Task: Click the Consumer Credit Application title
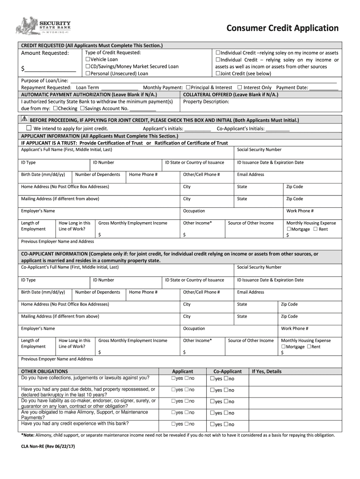point(282,28)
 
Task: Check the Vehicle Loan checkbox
point(87,60)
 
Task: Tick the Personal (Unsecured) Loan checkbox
point(87,73)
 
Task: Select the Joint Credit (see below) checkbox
point(218,73)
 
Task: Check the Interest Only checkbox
point(240,87)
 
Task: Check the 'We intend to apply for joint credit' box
point(29,128)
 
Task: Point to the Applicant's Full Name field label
point(67,150)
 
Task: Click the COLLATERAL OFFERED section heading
point(230,94)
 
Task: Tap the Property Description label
point(206,102)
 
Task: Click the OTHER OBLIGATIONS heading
point(44,371)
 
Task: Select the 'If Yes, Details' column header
point(266,371)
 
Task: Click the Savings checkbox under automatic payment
point(82,109)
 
